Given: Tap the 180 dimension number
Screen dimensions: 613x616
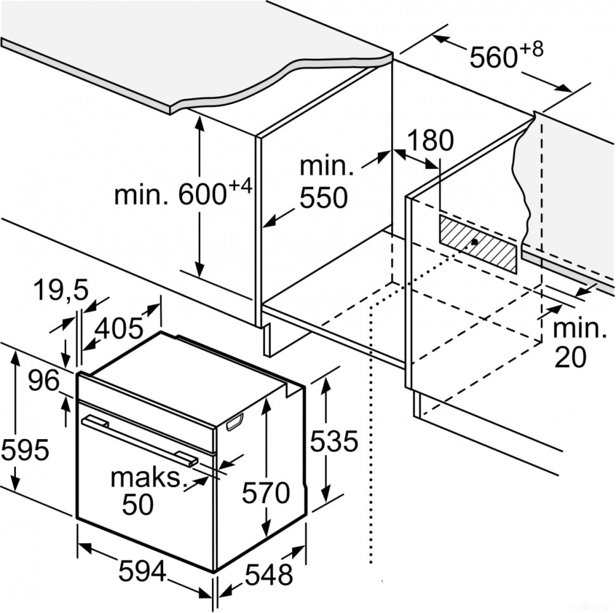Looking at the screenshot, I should (x=430, y=140).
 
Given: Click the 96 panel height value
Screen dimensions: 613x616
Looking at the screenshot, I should (x=43, y=381).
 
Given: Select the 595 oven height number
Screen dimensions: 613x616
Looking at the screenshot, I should (x=25, y=450).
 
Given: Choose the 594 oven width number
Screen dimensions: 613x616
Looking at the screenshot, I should (x=142, y=572).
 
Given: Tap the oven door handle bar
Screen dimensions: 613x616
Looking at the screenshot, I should (x=140, y=437).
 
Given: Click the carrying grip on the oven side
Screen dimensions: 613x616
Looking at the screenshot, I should (x=235, y=421).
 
